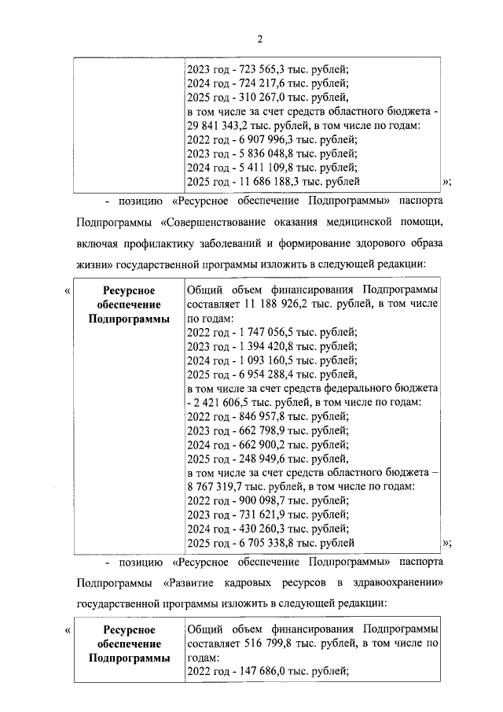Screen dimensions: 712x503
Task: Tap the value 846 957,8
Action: click(x=265, y=416)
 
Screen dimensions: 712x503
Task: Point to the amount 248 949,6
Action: click(x=265, y=458)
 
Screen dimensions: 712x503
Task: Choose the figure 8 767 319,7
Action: click(x=219, y=486)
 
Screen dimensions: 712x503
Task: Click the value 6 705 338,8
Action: click(x=268, y=542)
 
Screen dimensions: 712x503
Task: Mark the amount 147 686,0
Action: click(x=265, y=670)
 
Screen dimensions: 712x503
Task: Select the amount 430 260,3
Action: click(x=265, y=528)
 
